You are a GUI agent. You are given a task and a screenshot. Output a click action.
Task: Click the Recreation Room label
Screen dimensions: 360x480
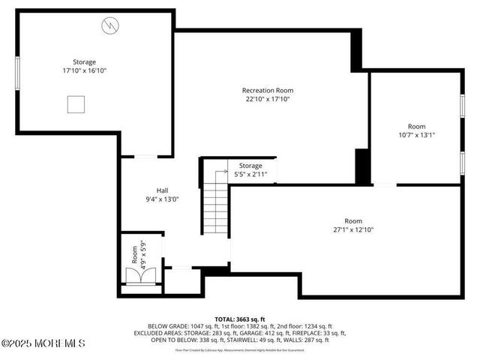pos(266,89)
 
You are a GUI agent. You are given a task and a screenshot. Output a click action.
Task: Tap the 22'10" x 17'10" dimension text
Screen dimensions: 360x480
pos(266,98)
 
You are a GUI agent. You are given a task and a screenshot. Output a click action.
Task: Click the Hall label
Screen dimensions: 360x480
pos(162,190)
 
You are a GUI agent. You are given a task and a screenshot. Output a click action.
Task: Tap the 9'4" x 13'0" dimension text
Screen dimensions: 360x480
pos(162,199)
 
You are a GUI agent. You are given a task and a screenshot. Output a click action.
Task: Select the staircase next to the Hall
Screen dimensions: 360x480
pos(215,206)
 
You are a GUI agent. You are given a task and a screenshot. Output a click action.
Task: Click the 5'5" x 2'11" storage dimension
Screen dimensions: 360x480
pos(250,174)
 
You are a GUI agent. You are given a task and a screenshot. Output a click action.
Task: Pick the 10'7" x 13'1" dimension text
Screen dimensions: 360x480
pos(416,135)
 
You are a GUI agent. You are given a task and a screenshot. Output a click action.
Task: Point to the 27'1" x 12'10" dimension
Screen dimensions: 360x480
pos(352,229)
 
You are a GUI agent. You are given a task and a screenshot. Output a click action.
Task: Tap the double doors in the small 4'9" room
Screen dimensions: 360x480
pos(139,277)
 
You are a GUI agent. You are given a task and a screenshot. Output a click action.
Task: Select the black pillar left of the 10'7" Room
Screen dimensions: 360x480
pos(362,166)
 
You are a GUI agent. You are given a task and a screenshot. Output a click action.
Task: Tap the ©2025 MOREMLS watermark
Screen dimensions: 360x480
pos(43,343)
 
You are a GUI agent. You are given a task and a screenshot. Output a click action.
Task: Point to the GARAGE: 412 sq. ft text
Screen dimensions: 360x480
pos(259,333)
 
